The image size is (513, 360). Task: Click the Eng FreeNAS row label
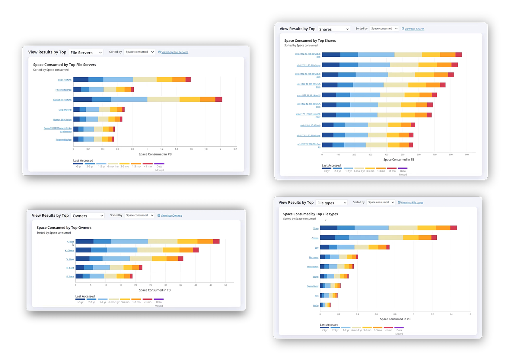[65, 80]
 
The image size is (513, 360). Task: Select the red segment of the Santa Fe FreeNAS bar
[219, 100]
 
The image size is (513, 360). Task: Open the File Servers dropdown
[86, 53]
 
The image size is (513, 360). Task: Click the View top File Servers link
[175, 52]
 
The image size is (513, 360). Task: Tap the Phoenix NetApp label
[63, 90]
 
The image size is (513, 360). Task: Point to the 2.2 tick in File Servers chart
[235, 149]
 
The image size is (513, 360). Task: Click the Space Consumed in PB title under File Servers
[155, 154]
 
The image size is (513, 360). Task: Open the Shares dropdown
[334, 29]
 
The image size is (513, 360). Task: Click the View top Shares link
[414, 29]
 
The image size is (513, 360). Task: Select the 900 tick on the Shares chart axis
[467, 155]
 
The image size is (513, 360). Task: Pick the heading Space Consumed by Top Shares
[310, 40]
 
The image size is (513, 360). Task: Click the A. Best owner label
[70, 242]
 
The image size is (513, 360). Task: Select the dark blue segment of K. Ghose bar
[83, 250]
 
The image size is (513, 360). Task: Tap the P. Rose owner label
[70, 276]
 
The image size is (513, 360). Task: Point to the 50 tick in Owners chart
[225, 285]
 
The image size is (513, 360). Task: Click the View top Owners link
[171, 215]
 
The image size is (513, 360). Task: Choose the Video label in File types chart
[316, 228]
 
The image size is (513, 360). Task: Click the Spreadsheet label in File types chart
[313, 286]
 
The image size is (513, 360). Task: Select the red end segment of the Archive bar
[434, 238]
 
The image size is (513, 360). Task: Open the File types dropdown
[332, 203]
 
